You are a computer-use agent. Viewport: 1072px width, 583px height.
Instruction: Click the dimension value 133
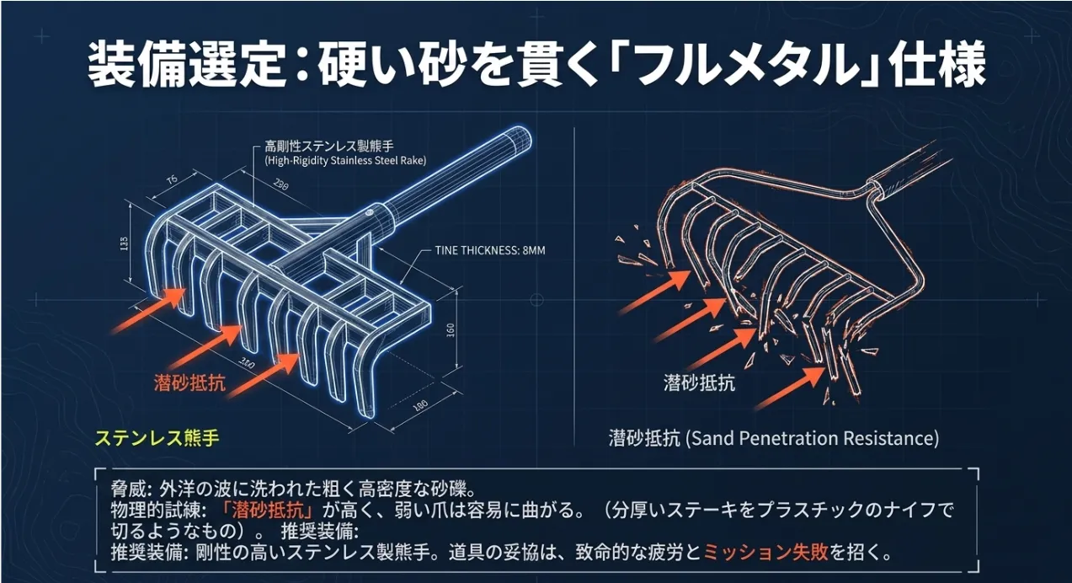pos(125,244)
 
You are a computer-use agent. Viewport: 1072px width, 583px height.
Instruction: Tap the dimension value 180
pos(419,407)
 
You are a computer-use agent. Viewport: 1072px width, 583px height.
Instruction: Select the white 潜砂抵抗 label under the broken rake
pos(699,382)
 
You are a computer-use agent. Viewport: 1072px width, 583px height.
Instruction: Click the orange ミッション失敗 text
pos(765,554)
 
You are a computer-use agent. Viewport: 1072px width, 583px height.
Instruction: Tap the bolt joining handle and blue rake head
pos(368,215)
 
